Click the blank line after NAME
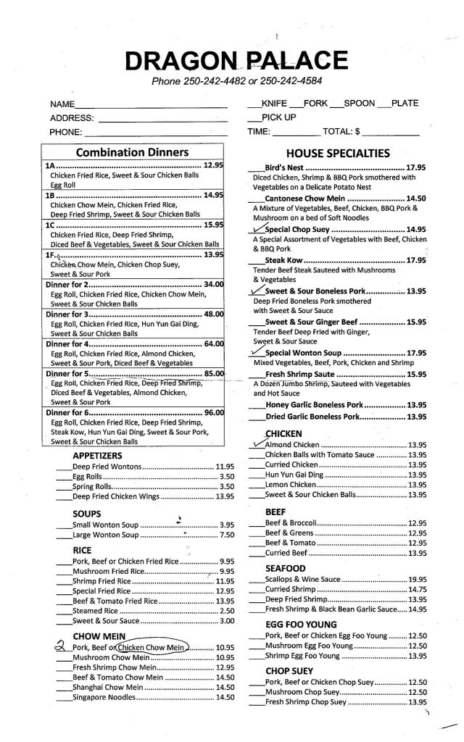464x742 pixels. pyautogui.click(x=151, y=106)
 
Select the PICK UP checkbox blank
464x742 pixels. pyautogui.click(x=254, y=117)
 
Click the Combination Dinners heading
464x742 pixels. pyautogui.click(x=133, y=153)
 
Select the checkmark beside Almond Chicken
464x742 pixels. pyautogui.click(x=257, y=443)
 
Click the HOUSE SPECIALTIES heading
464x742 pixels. pyautogui.click(x=338, y=153)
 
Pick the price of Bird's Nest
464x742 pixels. pyautogui.click(x=415, y=167)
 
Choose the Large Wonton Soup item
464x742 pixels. pyautogui.click(x=105, y=535)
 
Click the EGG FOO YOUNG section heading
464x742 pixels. pyautogui.click(x=301, y=624)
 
